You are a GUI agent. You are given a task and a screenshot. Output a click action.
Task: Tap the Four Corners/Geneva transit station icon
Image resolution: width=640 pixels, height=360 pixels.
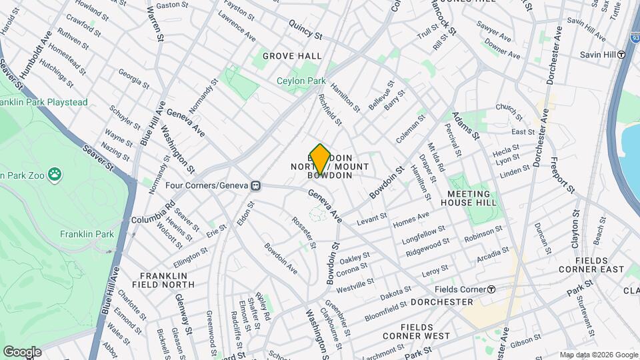(x=255, y=185)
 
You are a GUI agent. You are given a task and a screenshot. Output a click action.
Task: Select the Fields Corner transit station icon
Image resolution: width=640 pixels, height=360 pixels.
(x=491, y=289)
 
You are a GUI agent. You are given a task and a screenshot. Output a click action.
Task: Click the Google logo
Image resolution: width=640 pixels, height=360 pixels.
(x=22, y=351)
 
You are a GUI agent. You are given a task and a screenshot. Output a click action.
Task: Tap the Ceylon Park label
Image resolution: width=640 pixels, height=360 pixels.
(x=301, y=81)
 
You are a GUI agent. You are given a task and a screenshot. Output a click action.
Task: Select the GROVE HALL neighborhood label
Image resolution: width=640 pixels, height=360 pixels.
(x=292, y=56)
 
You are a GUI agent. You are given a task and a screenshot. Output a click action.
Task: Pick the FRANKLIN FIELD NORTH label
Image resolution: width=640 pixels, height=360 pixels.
(x=167, y=280)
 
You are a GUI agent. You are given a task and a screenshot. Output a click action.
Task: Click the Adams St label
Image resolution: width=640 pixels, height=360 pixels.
(x=467, y=125)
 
